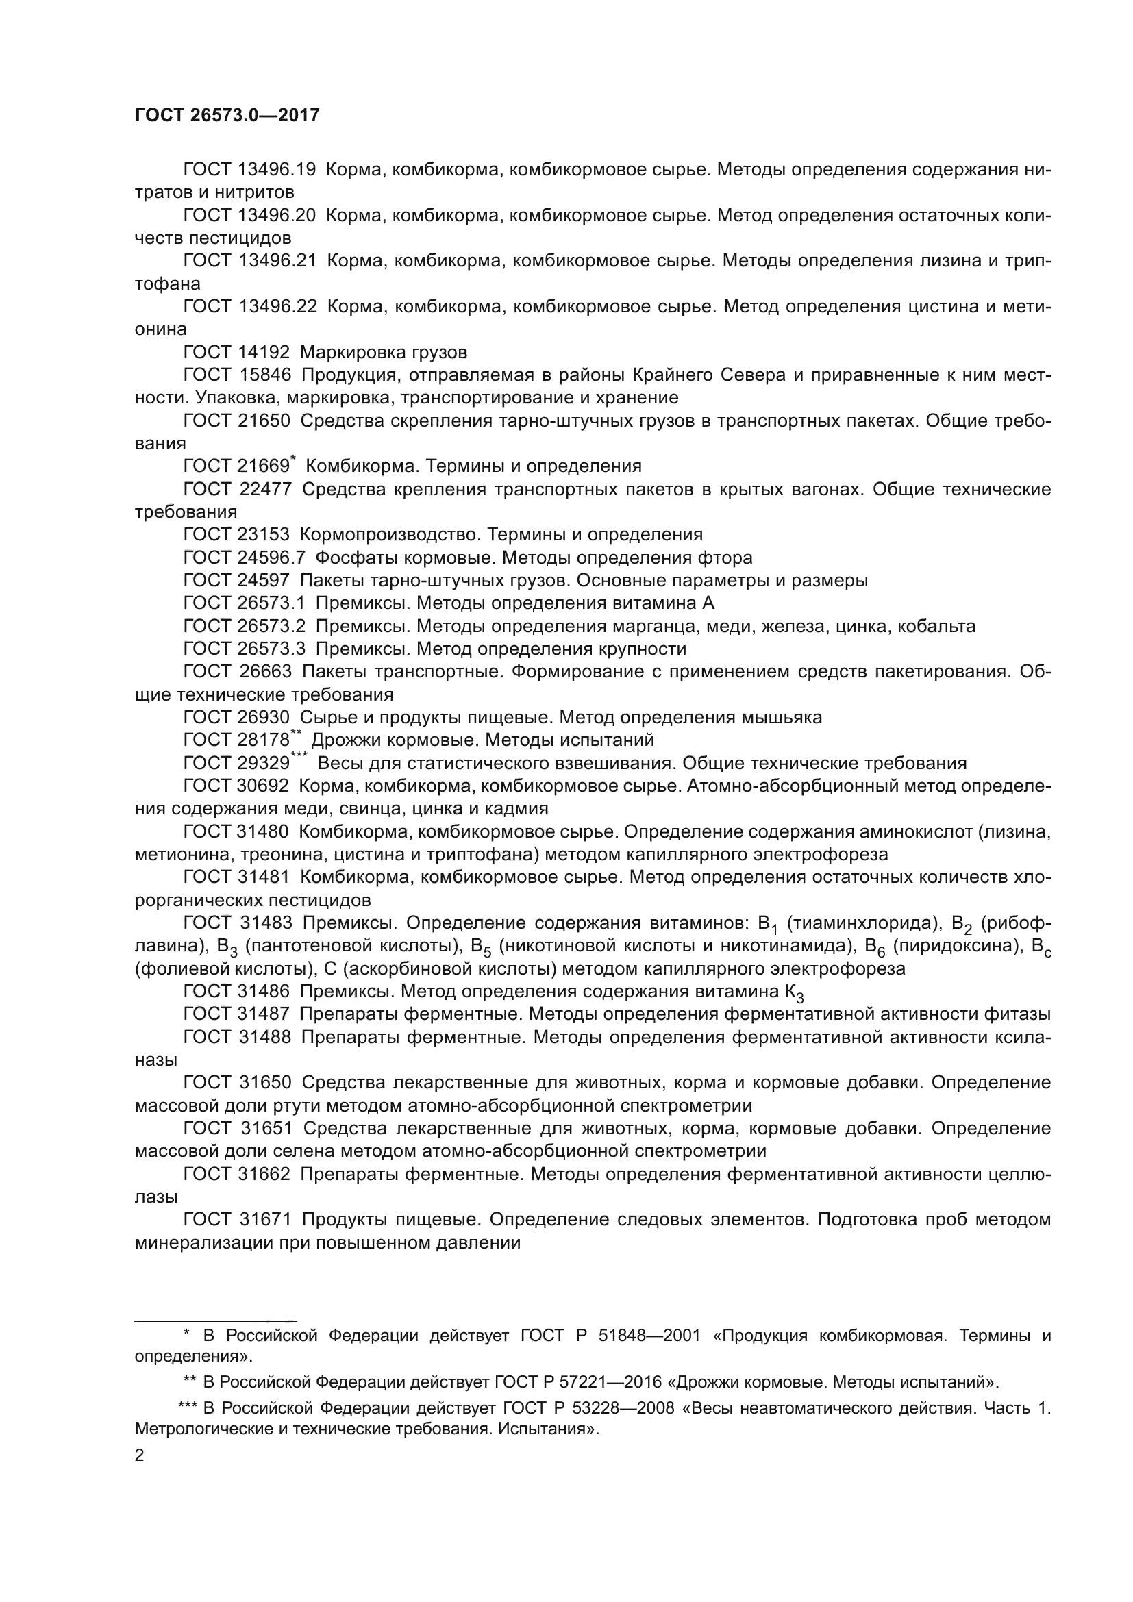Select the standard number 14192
point(264,352)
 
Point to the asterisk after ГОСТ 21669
point(293,459)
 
